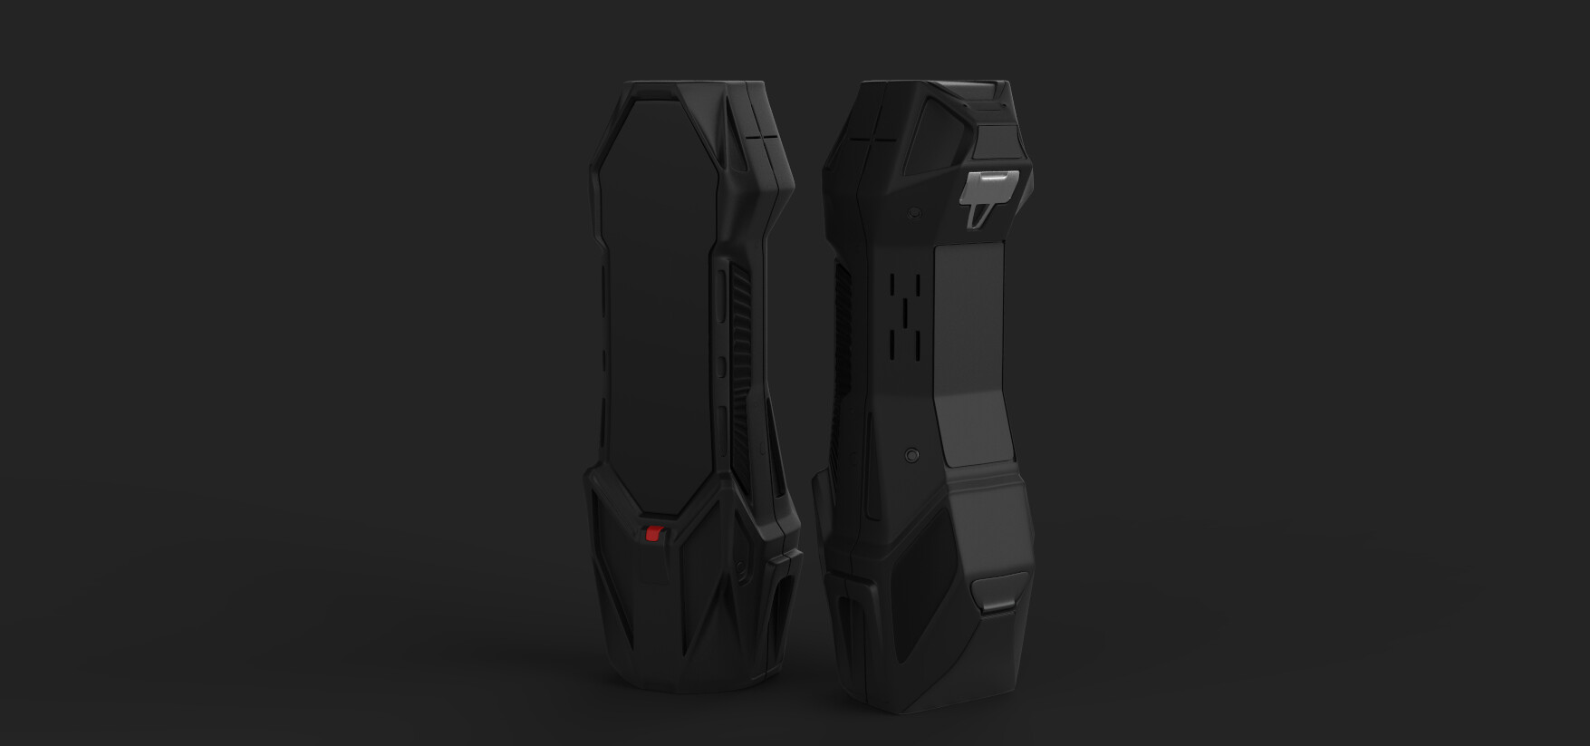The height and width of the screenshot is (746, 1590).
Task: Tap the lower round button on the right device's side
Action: (912, 451)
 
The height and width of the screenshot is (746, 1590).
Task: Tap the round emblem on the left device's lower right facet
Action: (743, 569)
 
